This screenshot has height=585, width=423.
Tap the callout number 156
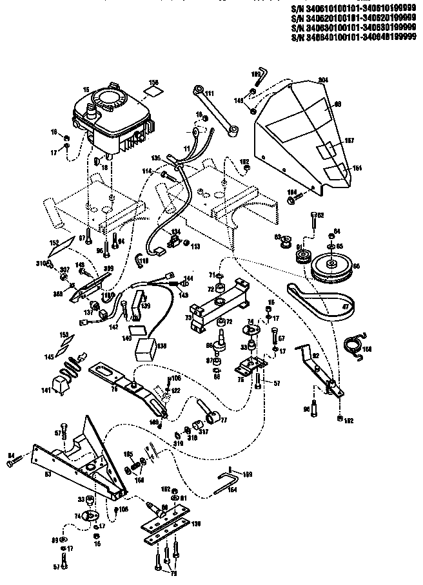coord(153,82)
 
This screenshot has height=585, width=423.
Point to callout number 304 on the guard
coord(323,79)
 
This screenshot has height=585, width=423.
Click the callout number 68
coord(337,104)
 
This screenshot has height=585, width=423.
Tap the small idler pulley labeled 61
coord(301,258)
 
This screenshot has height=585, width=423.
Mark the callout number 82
coord(316,356)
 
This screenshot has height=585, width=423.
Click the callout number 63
coord(47,475)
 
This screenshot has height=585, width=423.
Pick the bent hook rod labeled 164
coord(229,482)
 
